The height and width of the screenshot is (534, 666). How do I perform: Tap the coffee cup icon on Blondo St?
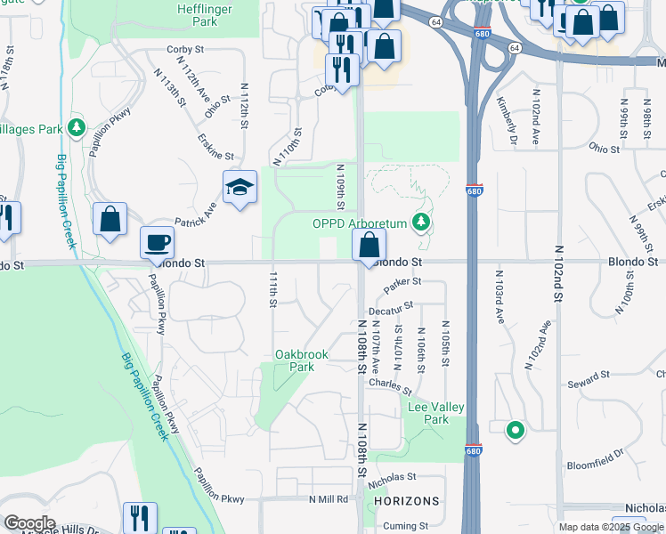158,242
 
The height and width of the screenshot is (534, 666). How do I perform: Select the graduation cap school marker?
240,188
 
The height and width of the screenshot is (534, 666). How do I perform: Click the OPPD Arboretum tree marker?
425,222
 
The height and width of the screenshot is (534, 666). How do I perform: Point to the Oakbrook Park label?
302,360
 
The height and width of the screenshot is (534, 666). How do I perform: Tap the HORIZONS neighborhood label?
407,501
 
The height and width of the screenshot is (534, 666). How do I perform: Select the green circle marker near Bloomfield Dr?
515,432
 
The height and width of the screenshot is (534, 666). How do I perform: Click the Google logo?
29,522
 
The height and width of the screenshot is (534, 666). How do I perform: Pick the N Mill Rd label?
329,499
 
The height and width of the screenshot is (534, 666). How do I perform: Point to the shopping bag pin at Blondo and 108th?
370,245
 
